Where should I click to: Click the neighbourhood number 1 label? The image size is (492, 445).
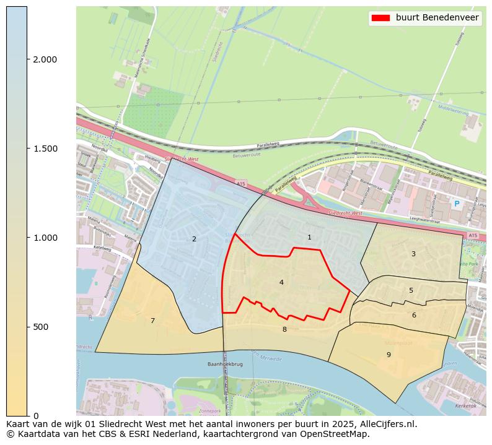coord(309,238)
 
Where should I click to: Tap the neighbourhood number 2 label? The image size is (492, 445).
coord(194,239)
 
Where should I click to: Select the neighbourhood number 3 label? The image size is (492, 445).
coord(413,254)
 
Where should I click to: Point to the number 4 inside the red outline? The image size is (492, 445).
coord(281,282)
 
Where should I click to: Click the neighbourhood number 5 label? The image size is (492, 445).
coord(411,290)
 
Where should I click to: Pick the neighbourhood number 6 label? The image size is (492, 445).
coord(414,315)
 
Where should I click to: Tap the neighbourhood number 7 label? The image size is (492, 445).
coord(152,321)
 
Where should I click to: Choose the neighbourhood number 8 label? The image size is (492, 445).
coord(284,329)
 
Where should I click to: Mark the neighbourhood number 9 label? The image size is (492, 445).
coord(389,355)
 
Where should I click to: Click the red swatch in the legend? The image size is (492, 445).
coord(380,18)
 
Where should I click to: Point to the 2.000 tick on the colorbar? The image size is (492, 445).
coord(45,59)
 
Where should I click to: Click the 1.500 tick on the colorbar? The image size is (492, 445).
coord(45,149)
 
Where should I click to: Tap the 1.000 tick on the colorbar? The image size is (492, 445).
coord(45,238)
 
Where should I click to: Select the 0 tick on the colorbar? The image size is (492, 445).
coord(35,415)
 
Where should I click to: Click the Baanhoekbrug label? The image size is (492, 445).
coord(224,365)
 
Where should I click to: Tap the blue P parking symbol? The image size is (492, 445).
coord(457,204)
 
